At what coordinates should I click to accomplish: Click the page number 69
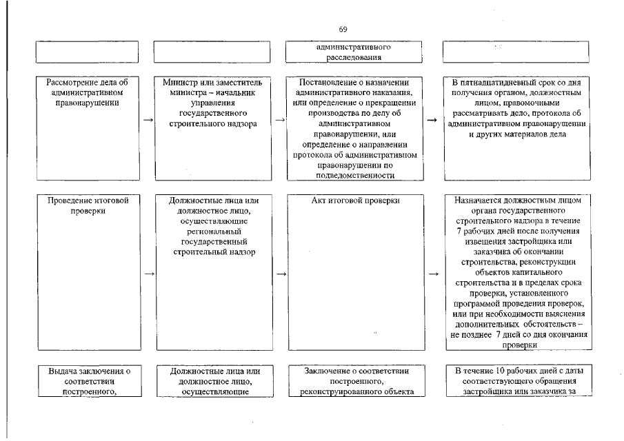coord(343,29)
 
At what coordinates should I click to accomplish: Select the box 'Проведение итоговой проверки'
coord(88,272)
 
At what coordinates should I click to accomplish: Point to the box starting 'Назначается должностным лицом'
coord(516,272)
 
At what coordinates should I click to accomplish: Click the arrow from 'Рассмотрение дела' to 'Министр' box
coord(148,120)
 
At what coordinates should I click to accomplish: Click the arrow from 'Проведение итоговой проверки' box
coord(148,274)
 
